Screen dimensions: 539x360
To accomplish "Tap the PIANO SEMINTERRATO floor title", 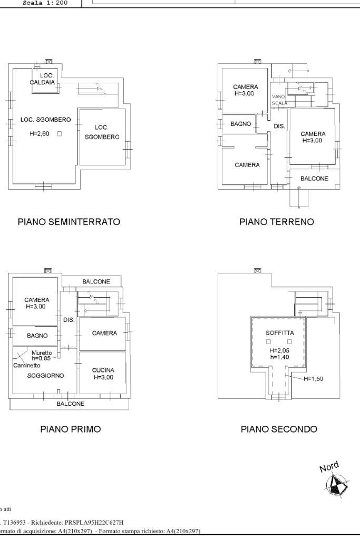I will point(69,222).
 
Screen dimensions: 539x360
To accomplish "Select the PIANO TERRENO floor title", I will point(276,222).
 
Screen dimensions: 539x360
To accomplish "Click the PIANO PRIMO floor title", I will point(71,429).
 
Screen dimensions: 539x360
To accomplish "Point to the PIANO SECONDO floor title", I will point(279,429).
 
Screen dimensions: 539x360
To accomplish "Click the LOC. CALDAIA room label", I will point(46,79).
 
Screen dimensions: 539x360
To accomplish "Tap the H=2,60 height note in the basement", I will point(40,134).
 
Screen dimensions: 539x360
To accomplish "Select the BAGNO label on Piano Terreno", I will point(241,124).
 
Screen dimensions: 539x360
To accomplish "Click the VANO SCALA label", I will point(279,100).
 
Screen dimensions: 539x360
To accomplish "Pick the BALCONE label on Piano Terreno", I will point(314,179).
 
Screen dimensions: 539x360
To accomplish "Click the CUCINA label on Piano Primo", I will point(103,370).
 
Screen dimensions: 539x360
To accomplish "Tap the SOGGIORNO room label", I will point(46,376).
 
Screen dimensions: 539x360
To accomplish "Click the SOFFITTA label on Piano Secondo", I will point(280,333).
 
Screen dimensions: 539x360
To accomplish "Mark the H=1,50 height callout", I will point(314,379).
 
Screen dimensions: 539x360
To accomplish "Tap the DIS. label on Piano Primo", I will point(69,320).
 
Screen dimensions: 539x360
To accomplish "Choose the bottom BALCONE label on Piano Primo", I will point(70,404).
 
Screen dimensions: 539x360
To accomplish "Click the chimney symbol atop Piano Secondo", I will point(257,270).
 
